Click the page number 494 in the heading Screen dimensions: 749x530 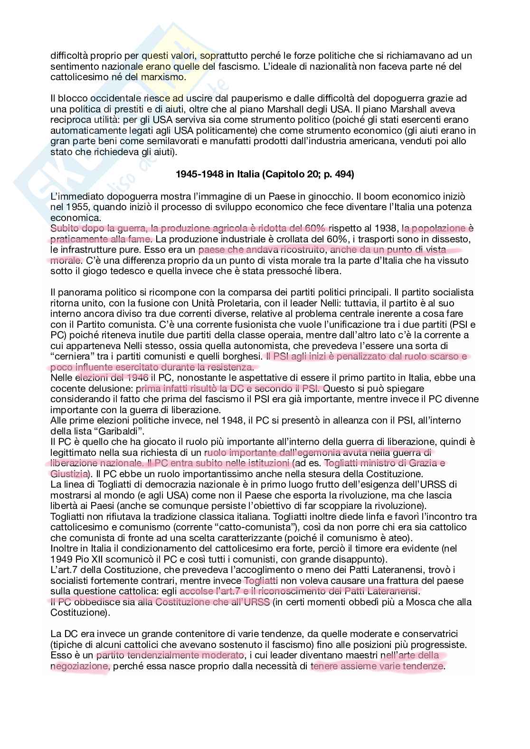(x=343, y=175)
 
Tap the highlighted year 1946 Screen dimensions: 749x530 (x=137, y=378)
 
